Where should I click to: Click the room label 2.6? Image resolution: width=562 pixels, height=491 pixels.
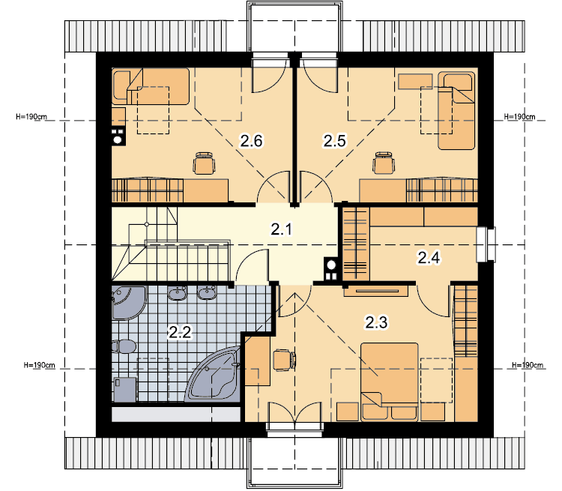[x=251, y=141]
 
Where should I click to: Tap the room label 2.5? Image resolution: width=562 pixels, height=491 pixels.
[x=334, y=141]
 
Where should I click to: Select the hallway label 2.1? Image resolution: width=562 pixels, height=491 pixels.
[x=281, y=229]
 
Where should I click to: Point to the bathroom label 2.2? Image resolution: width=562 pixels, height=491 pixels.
[x=180, y=333]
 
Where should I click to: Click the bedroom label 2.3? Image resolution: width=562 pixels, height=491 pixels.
[x=376, y=322]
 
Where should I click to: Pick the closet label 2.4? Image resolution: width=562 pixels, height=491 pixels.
[x=429, y=258]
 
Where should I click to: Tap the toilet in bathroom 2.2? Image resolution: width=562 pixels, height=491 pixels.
[x=124, y=347]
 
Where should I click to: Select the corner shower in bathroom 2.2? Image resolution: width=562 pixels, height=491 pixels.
[x=129, y=302]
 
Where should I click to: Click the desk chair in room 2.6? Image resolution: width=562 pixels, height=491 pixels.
[x=204, y=163]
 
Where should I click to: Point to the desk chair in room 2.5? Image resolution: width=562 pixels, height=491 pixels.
[x=384, y=163]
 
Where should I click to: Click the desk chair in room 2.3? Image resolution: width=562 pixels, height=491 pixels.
[x=284, y=360]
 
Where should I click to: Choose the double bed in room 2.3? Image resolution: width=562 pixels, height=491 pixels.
[x=390, y=382]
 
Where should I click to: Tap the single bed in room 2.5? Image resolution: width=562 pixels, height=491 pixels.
[x=456, y=110]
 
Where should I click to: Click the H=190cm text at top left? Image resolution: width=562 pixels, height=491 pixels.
[x=31, y=116]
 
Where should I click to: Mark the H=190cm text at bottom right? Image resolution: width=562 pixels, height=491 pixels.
[x=528, y=365]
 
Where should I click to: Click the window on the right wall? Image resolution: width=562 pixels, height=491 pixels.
[x=486, y=244]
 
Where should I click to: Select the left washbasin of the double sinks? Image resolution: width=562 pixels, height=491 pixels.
[x=177, y=293]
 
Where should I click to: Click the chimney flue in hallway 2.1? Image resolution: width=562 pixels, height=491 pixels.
[x=331, y=268]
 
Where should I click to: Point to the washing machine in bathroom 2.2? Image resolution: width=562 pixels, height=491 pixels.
[x=125, y=389]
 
